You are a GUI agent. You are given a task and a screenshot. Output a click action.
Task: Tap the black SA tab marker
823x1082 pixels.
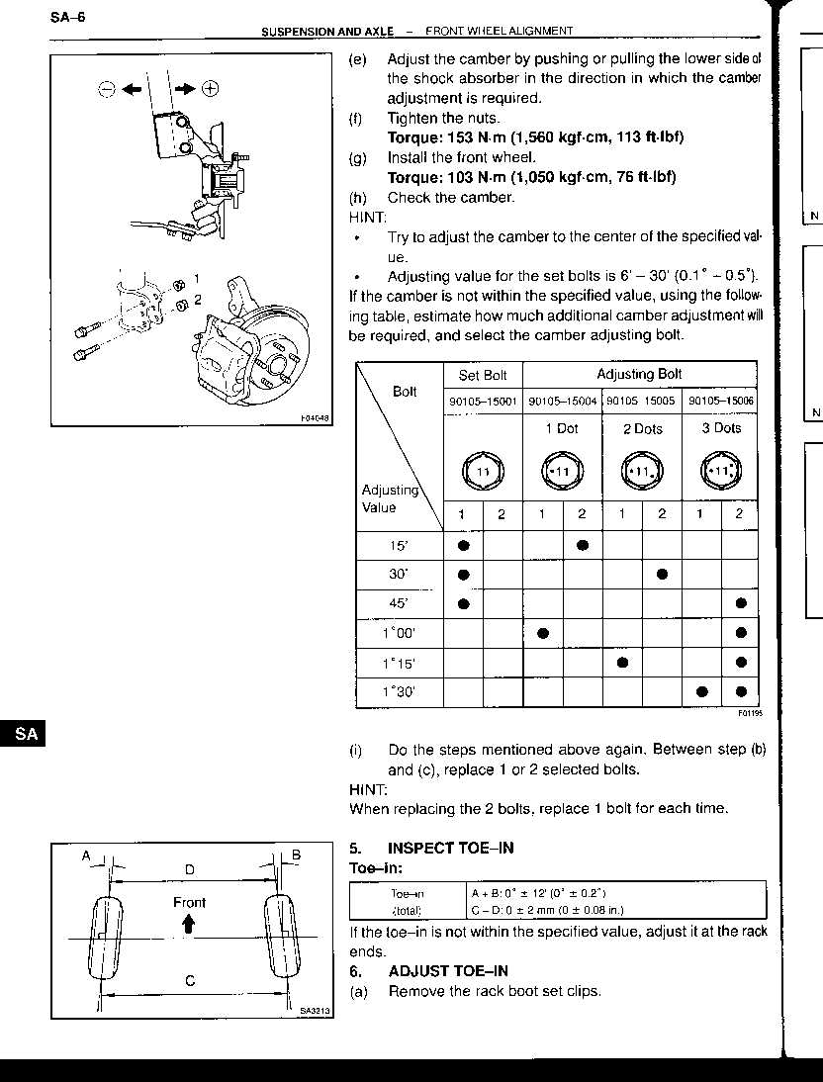pyautogui.click(x=26, y=733)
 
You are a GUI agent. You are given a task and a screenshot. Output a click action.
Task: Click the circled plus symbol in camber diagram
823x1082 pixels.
pyautogui.click(x=210, y=88)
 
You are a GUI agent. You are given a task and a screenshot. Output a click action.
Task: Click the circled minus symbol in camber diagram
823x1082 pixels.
pyautogui.click(x=107, y=88)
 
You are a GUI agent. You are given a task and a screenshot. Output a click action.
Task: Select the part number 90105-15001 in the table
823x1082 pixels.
pyautogui.click(x=483, y=402)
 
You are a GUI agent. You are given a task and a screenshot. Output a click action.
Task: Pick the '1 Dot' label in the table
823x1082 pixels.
pyautogui.click(x=562, y=428)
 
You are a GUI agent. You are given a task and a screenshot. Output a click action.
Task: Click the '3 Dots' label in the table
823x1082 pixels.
pyautogui.click(x=721, y=428)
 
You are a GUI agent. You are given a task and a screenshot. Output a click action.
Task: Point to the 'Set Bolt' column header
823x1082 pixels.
pyautogui.click(x=483, y=375)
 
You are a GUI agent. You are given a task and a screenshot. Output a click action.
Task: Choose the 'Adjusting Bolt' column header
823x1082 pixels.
pyautogui.click(x=639, y=375)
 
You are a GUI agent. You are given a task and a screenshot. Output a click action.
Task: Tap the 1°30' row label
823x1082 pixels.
pyautogui.click(x=399, y=692)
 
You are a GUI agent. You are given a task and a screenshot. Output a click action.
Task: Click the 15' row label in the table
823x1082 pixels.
pyautogui.click(x=399, y=545)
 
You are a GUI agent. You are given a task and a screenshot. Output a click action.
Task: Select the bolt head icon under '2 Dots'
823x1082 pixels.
pyautogui.click(x=642, y=473)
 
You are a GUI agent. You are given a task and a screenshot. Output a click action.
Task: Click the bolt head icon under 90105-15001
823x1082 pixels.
pyautogui.click(x=483, y=473)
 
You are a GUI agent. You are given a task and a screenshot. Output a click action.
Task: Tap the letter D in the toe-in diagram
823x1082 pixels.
pyautogui.click(x=190, y=868)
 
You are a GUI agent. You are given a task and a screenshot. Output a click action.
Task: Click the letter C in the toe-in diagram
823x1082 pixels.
pyautogui.click(x=190, y=981)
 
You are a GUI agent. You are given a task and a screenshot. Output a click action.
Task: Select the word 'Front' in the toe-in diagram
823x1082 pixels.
pyautogui.click(x=189, y=902)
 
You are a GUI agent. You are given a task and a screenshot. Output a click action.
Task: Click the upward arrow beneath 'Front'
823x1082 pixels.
pyautogui.click(x=189, y=924)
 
